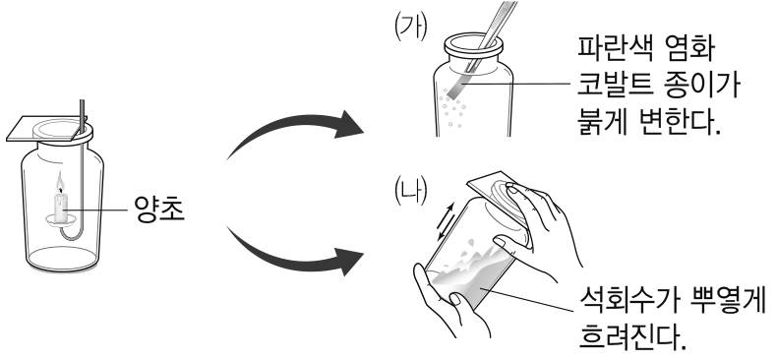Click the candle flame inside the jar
(60, 182)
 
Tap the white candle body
(60, 208)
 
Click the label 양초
(159, 209)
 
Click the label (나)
(410, 191)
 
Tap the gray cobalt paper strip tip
(455, 90)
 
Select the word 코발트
(613, 86)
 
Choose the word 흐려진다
(632, 337)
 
